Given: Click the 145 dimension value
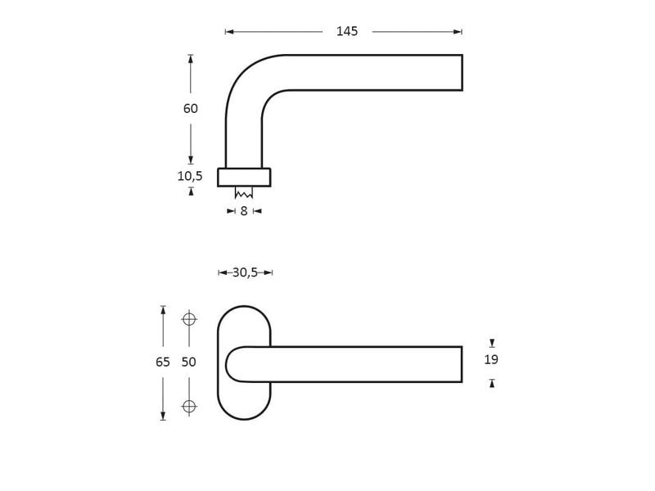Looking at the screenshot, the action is pos(347,31).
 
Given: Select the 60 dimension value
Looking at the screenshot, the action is pos(191,109).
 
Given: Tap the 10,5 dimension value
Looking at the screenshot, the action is pos(190,176).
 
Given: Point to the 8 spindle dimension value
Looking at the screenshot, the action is pos(244,211).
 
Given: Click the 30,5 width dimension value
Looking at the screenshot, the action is pos(245,273).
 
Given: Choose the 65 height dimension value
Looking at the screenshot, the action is pos(163,362).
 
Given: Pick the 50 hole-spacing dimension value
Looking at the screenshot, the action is pos(189,362).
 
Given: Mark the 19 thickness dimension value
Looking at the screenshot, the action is pos(491,359).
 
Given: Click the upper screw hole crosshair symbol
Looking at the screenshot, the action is pos(189,319).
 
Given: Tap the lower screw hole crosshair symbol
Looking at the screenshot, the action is pos(189,406).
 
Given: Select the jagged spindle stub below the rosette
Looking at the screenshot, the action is pos(243,193).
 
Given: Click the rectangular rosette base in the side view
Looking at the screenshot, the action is pos(244,178).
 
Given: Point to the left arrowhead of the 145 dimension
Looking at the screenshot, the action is pos(229,32).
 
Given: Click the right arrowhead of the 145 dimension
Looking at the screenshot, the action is pos(458,32).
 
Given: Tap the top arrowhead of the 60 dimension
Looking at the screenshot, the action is pos(191,59).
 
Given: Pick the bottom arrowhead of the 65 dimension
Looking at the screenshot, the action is pos(163,417).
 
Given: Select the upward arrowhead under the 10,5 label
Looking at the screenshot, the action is pos(192,191).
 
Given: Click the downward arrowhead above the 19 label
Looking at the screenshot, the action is pos(492,343).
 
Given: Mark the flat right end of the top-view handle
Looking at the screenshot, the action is pos(463,73).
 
